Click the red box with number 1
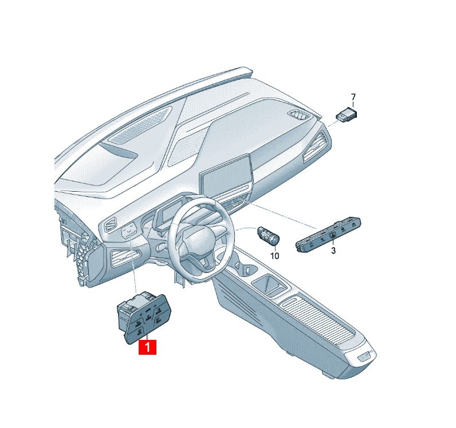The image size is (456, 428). [148, 347]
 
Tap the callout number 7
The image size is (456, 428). [353, 97]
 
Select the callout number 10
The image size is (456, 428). [274, 256]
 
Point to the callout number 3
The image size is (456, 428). [333, 250]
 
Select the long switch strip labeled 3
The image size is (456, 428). [328, 235]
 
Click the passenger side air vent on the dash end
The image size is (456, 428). [316, 146]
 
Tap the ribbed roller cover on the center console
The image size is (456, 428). [318, 319]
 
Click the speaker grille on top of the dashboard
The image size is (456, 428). [139, 125]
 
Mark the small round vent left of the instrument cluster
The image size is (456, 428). [109, 225]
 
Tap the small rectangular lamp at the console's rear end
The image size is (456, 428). [365, 356]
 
